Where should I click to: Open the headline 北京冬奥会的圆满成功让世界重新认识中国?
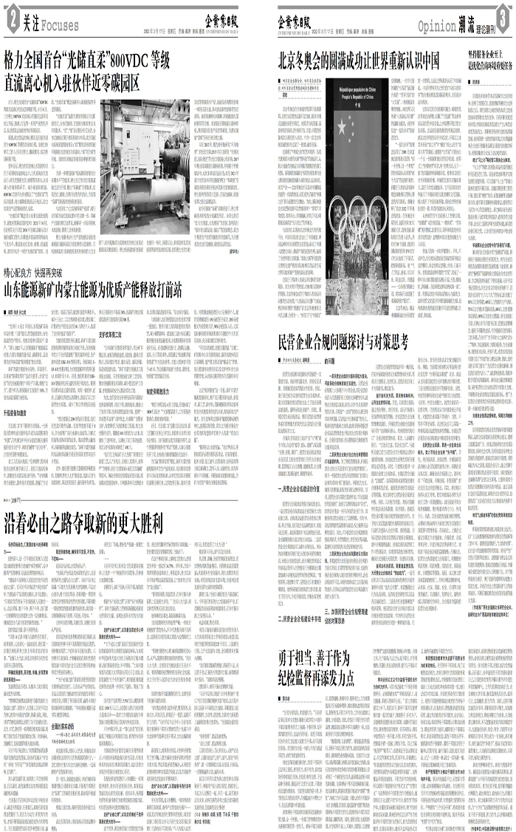point(360,59)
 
